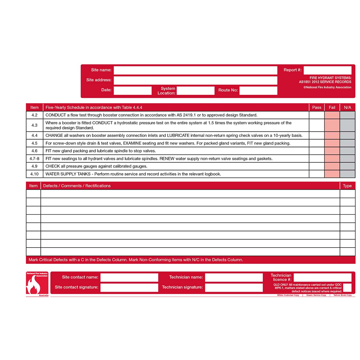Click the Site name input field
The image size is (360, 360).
coord(195,70)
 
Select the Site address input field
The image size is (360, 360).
coord(195,80)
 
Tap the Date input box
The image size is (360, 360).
coord(133,90)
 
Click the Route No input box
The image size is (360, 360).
coord(258,90)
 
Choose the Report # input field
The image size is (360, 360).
coord(327,70)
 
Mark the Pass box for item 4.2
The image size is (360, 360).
coord(316,115)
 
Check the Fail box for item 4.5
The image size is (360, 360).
coord(332,143)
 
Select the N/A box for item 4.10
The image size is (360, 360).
coord(347,174)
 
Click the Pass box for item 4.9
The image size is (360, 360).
coord(316,166)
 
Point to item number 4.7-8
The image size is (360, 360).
coord(34,159)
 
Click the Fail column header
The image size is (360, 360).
coord(332,107)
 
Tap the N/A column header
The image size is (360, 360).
coord(347,107)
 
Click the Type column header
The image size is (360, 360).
coord(347,186)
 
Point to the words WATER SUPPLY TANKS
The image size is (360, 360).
coord(68,174)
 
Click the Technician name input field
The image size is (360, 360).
coord(234,277)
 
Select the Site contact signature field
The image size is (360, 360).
coord(129,287)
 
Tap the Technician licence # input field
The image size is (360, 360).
coord(322,277)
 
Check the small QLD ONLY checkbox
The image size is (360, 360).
coord(347,287)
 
